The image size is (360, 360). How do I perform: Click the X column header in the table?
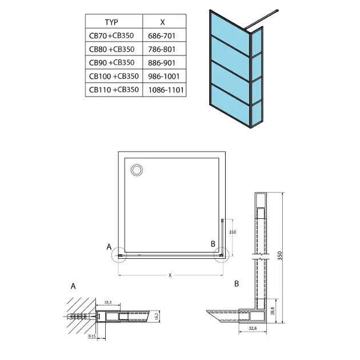(163, 22)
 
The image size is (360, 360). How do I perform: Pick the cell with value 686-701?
(163, 36)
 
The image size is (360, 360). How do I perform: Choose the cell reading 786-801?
(163, 50)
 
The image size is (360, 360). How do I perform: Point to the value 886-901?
(163, 63)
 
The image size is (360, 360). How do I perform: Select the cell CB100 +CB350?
(113, 77)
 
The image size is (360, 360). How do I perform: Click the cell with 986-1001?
(163, 77)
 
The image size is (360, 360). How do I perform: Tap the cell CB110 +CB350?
(113, 90)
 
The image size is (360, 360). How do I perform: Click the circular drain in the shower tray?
(137, 170)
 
